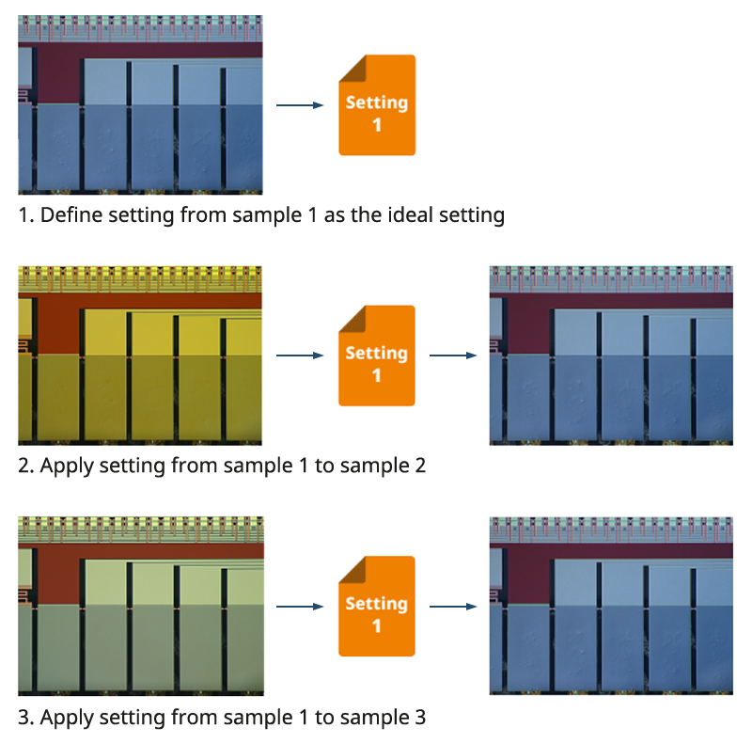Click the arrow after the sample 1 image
[299, 105]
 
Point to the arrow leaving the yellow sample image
[299, 356]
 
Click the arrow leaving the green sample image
[299, 607]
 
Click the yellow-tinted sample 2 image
[140, 356]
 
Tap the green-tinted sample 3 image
[140, 606]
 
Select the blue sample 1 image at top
[140, 104]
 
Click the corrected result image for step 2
[611, 356]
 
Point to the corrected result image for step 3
[611, 606]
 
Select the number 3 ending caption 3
[420, 718]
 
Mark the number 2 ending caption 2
[420, 466]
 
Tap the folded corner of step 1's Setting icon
[350, 65]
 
